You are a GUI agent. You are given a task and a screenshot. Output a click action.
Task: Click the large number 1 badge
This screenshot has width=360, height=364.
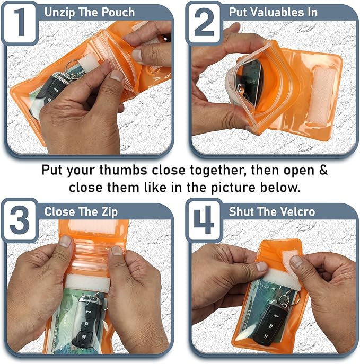pyautogui.click(x=20, y=22)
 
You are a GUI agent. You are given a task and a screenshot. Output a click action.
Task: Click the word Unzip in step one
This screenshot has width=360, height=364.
pyautogui.click(x=60, y=12)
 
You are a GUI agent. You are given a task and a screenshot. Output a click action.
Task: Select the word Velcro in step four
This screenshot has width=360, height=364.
pyautogui.click(x=298, y=211)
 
